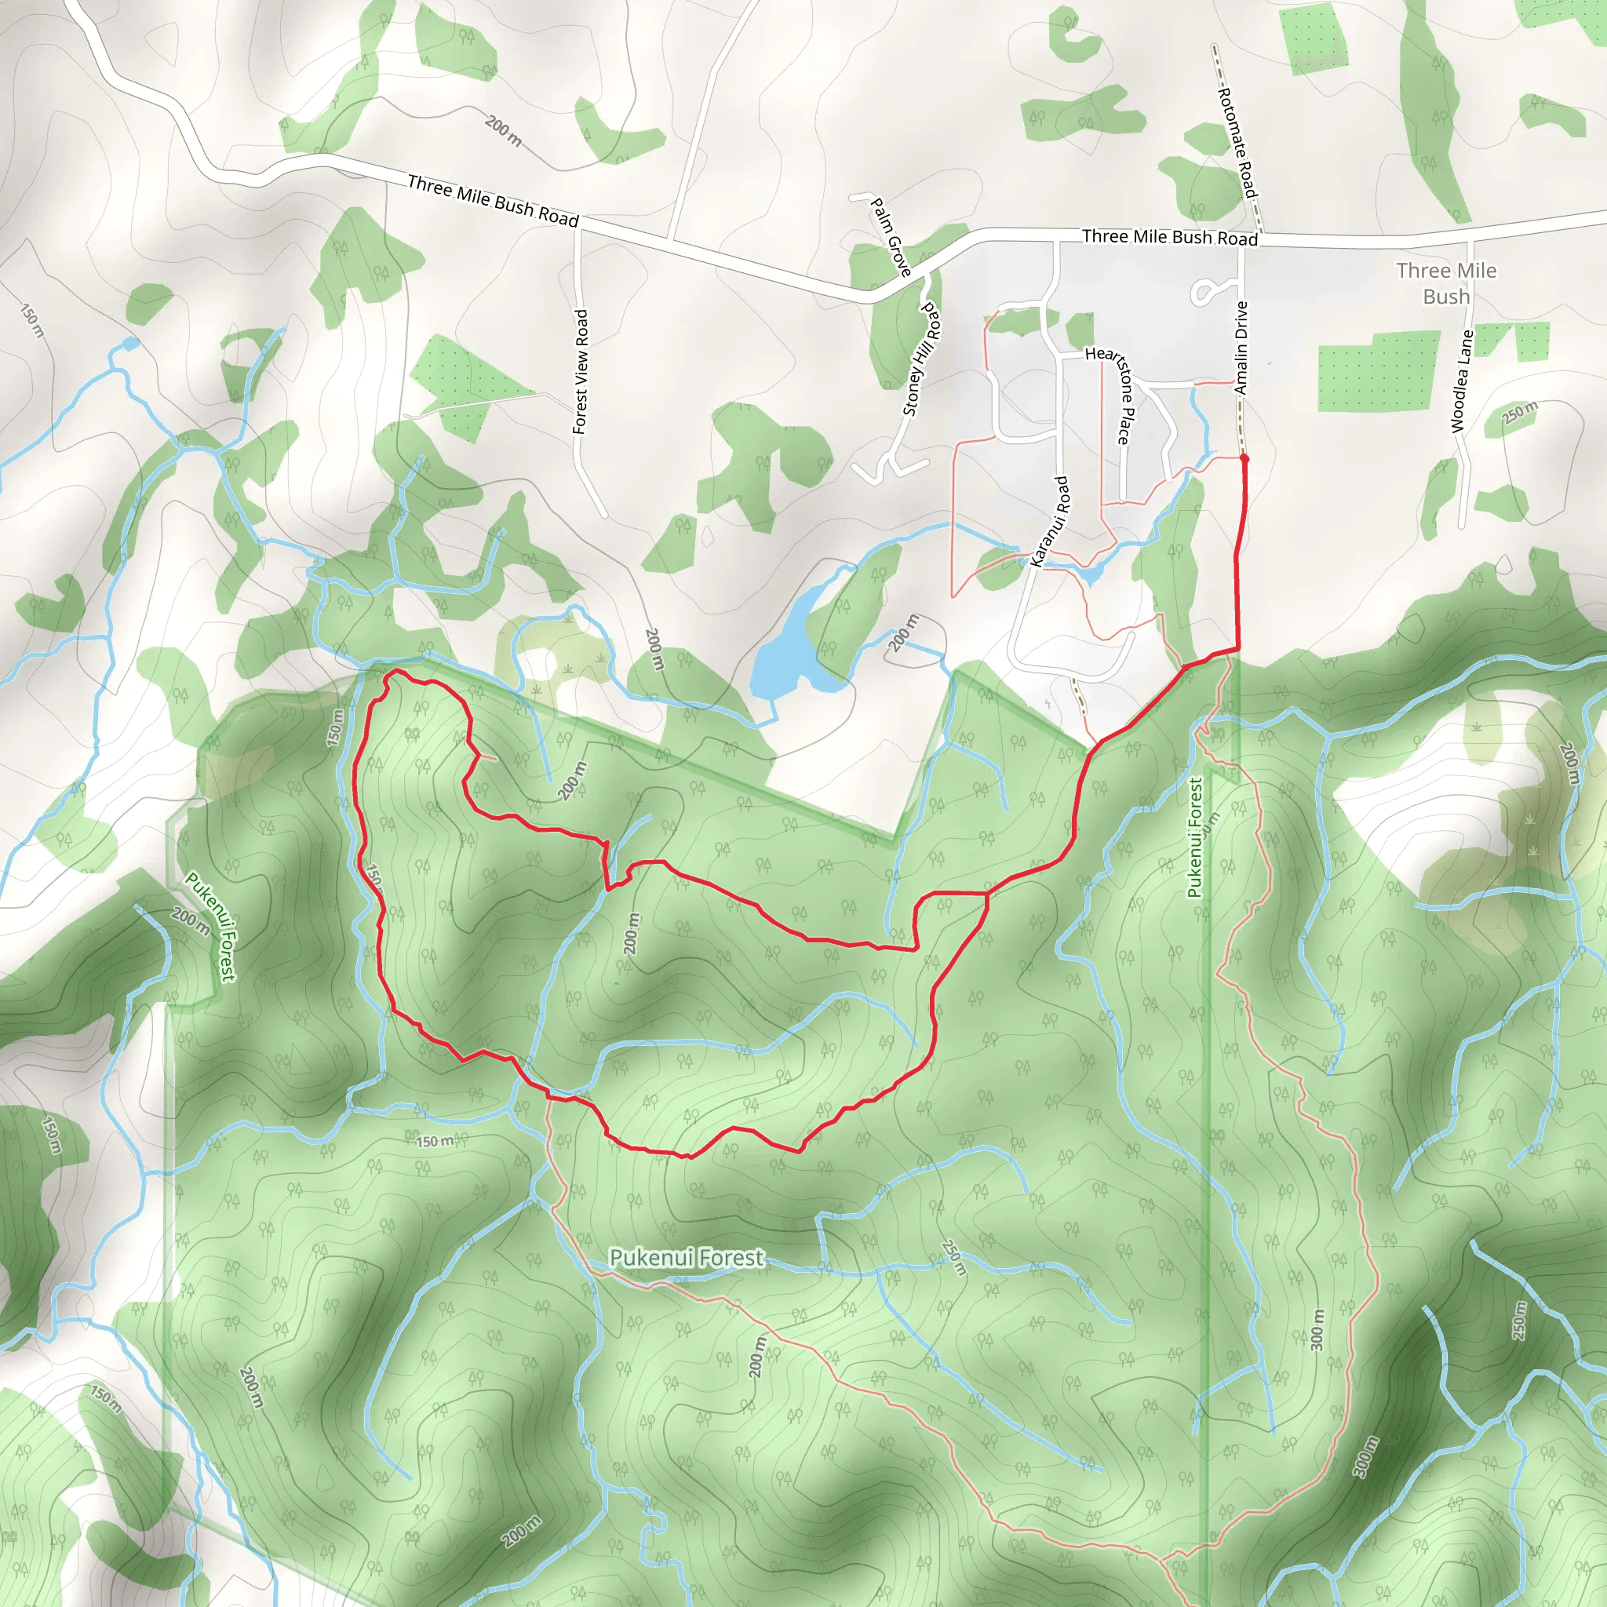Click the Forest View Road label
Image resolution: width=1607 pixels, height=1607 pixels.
point(581,372)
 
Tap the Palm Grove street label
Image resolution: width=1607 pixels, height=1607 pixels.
point(891,236)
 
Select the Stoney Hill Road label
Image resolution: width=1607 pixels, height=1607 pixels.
point(923,359)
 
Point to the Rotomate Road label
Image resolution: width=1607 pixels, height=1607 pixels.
point(1237,142)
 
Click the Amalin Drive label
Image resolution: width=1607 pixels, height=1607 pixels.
point(1241,348)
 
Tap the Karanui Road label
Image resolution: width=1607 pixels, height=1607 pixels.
point(1050,523)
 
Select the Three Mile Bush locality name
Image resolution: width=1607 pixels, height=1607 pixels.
point(1446,283)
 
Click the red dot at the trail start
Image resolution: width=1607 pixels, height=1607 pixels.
point(1244,458)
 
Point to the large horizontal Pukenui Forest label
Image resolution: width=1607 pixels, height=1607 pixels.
point(687,1258)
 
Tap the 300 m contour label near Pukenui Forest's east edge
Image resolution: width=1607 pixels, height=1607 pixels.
point(1317,1329)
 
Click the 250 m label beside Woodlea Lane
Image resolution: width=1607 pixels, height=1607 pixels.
point(1521,413)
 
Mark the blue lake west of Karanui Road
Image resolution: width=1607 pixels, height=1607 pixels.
point(786,646)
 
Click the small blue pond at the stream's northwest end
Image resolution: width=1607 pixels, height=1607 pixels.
point(130,343)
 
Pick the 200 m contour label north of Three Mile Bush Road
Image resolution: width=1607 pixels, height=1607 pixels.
point(503,131)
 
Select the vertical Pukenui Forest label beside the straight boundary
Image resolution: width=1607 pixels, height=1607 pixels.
point(1195,837)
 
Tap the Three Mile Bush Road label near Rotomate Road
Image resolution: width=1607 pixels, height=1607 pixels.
point(1169,238)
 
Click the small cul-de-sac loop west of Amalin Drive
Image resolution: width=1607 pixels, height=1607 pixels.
point(1205,293)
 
